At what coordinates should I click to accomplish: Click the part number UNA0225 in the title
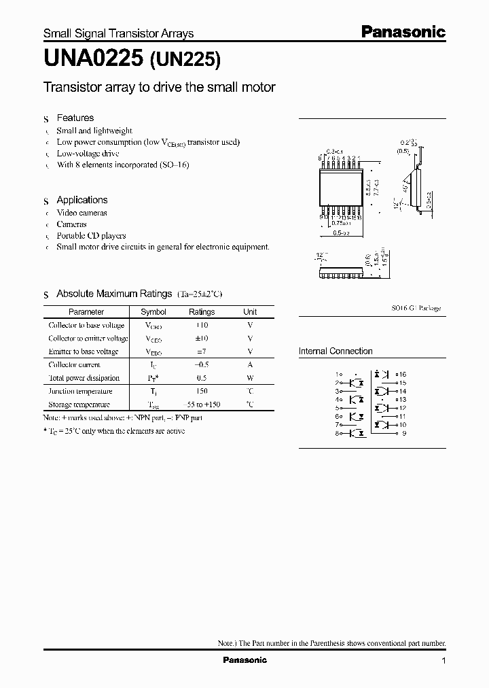92,61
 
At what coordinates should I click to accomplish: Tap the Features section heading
75,118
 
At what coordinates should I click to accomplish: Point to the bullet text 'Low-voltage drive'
88,154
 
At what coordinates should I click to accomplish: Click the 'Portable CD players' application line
91,235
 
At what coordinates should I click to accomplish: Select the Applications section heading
81,200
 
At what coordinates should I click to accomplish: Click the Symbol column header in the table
153,312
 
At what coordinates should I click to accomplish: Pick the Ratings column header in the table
202,312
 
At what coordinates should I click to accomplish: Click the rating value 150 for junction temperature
201,392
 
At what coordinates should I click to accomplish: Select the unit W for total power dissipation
250,378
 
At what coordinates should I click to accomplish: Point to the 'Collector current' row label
75,365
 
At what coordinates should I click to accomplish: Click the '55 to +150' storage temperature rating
201,405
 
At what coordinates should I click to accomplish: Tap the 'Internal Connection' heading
336,351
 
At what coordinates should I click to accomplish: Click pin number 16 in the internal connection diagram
402,375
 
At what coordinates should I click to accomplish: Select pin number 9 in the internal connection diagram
403,433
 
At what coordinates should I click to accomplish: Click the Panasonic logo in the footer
245,660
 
